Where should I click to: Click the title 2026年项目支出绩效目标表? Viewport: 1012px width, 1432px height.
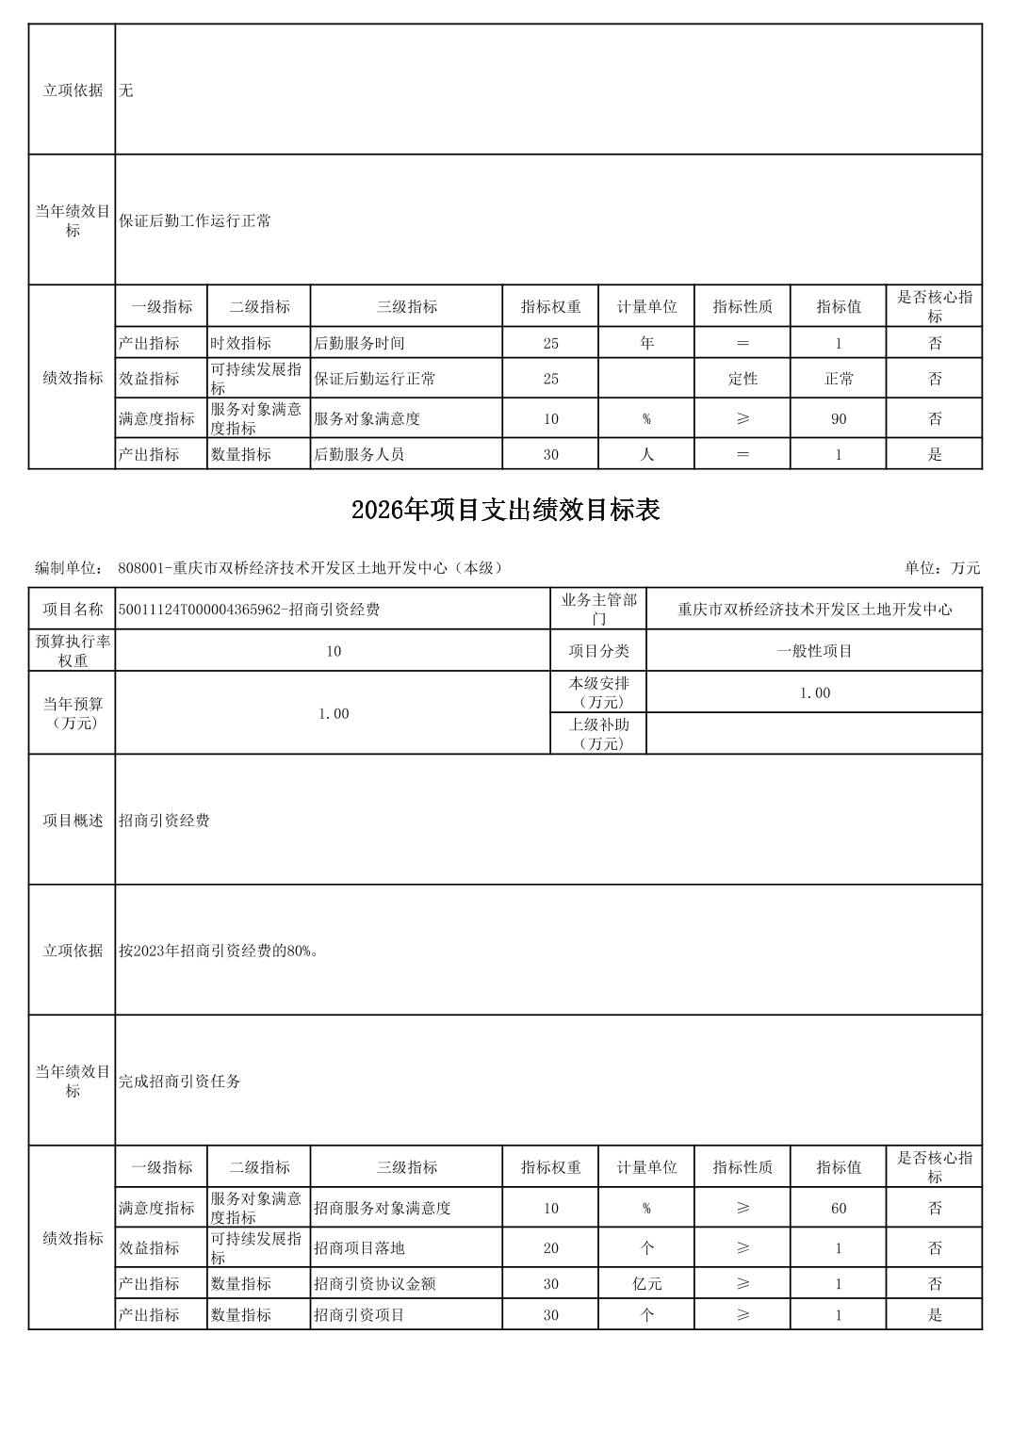(x=505, y=510)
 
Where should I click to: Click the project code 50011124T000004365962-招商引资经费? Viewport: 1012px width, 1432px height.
(x=249, y=610)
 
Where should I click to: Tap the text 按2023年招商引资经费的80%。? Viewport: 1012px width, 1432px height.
(x=219, y=951)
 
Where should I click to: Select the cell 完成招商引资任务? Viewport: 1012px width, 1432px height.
(x=179, y=1082)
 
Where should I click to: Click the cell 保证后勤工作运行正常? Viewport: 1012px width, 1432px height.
(x=195, y=221)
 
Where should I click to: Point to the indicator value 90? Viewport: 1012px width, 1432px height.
(x=838, y=418)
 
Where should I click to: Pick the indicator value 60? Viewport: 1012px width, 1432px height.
(x=838, y=1208)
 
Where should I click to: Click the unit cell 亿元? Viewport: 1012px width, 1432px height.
(x=646, y=1283)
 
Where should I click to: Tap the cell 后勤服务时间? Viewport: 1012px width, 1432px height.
(x=359, y=343)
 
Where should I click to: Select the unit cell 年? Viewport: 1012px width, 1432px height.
(x=646, y=343)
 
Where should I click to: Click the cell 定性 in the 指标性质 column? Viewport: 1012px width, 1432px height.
(x=743, y=379)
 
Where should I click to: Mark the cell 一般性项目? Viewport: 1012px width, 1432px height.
(x=814, y=651)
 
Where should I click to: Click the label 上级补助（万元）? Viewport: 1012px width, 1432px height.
(x=598, y=734)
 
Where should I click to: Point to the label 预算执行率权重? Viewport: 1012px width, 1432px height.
(x=73, y=651)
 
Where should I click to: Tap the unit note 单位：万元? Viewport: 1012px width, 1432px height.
(x=941, y=567)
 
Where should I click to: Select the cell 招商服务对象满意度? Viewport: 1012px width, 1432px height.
(x=383, y=1208)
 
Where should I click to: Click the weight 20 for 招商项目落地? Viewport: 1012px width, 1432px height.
(x=550, y=1247)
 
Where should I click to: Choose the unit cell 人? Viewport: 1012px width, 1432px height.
(x=646, y=454)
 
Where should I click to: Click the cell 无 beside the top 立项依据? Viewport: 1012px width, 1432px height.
(x=126, y=90)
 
